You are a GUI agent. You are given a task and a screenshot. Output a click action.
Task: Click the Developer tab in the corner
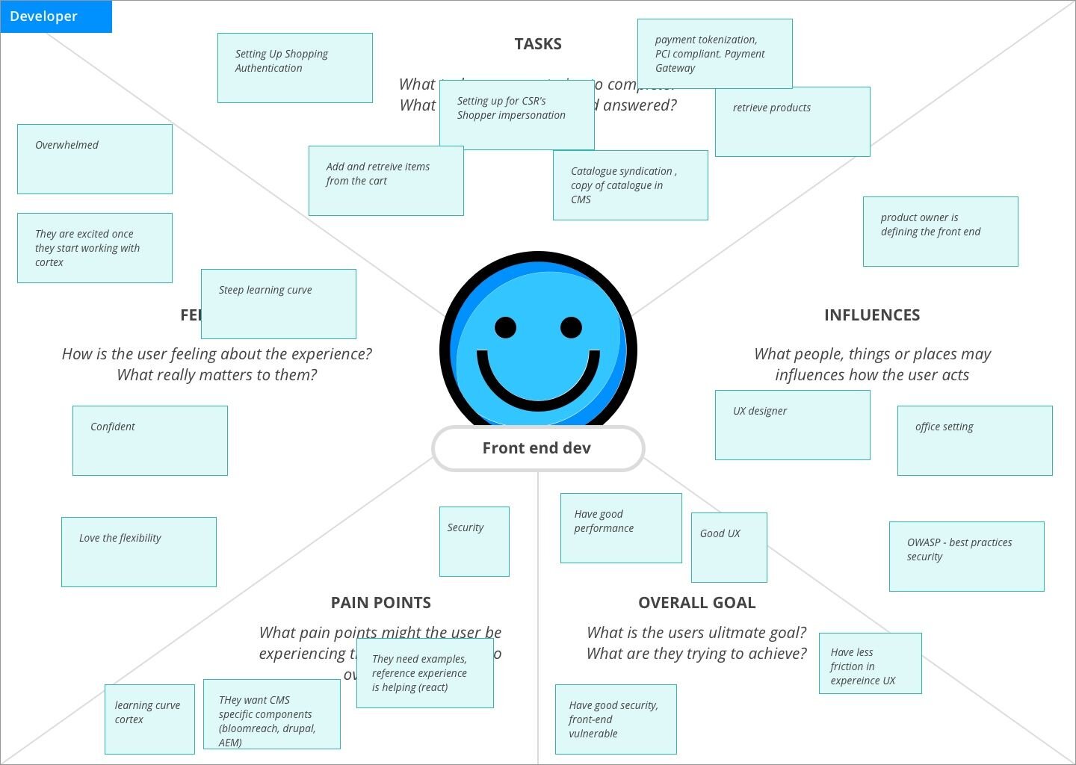56,16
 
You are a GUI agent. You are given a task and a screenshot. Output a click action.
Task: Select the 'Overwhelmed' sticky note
95,159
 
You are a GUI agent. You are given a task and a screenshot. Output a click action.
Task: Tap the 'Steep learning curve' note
278,304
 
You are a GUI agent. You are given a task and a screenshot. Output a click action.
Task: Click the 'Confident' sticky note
149,441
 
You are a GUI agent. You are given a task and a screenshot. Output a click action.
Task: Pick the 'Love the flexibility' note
138,552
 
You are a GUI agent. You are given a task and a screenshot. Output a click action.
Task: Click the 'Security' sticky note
474,542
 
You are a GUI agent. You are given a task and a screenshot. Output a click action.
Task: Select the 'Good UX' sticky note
729,548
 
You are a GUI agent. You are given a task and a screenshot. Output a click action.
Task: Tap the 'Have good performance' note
621,528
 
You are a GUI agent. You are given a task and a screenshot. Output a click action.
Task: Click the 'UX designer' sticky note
792,425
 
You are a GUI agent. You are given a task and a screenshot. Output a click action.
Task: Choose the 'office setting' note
974,441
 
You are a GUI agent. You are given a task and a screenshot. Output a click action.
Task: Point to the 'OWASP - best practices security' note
966,557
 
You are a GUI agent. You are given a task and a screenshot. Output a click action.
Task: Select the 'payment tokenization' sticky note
714,54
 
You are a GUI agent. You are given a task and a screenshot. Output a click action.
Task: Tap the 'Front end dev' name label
537,448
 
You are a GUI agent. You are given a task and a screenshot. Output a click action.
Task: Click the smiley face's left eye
505,327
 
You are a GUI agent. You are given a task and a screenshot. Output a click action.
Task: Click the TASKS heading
538,44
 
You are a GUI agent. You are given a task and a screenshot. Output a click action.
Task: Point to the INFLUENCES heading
872,315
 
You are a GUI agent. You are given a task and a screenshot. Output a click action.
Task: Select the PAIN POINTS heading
381,603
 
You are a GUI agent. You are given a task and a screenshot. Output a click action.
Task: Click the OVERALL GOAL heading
696,603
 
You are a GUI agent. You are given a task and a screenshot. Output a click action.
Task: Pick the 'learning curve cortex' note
149,719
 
